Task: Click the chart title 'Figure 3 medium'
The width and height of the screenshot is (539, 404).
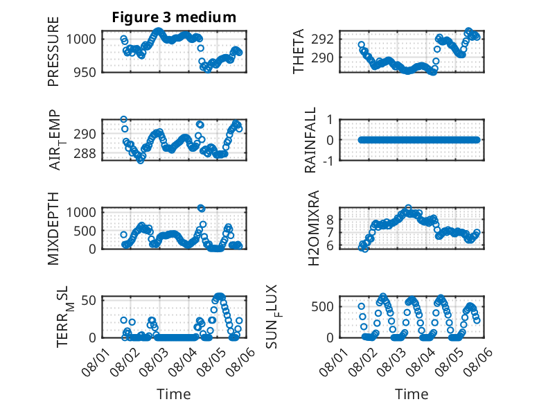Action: [x=174, y=17]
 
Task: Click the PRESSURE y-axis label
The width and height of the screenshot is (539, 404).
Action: [x=53, y=51]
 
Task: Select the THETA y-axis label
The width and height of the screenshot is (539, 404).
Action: [x=299, y=51]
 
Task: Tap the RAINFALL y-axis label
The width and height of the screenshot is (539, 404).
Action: [x=310, y=140]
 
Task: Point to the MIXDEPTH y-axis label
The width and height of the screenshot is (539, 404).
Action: [x=53, y=229]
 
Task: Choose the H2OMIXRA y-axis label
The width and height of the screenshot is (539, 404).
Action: [x=314, y=228]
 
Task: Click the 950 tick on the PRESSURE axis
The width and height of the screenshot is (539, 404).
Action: [x=86, y=73]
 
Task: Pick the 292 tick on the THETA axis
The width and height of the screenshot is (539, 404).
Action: [x=322, y=39]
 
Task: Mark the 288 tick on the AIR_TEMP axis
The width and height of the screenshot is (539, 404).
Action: [x=85, y=153]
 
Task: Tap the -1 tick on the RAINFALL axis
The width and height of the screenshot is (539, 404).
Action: [x=329, y=161]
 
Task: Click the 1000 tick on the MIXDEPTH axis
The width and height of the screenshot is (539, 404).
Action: [x=82, y=212]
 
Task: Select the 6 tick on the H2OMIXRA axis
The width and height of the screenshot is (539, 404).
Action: [x=330, y=246]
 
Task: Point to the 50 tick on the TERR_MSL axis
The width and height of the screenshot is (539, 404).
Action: [x=89, y=301]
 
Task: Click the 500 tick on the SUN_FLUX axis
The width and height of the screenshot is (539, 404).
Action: [x=323, y=307]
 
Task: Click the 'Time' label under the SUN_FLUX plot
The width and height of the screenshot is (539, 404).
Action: [x=412, y=394]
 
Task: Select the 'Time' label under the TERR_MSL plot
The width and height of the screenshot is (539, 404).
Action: [x=174, y=394]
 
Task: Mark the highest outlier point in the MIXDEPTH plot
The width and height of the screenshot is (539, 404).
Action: [x=201, y=208]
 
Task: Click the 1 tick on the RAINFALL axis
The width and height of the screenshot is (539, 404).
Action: [x=330, y=120]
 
